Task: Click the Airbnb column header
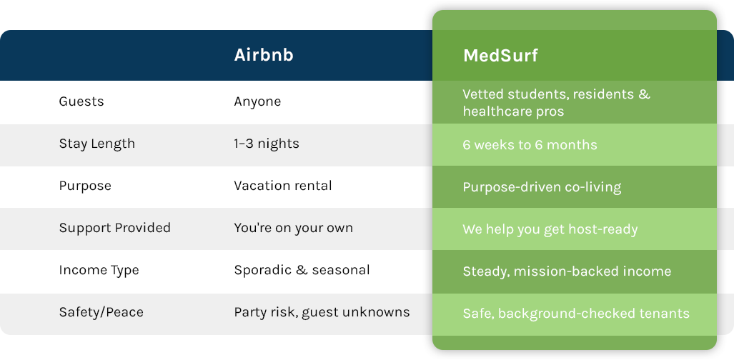264,55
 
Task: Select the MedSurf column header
500,55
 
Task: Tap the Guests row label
81,101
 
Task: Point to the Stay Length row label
97,144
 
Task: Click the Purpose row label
85,186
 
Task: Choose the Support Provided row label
114,228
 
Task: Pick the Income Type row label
99,271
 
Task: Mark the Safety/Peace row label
101,312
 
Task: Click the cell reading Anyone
257,101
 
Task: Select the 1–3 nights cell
267,144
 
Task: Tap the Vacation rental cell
283,186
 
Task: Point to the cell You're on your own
294,228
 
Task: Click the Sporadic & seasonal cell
302,270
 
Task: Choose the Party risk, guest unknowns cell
322,312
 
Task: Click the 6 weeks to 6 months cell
530,145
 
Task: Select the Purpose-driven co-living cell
542,187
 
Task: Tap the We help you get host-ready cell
550,229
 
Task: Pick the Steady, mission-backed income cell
567,271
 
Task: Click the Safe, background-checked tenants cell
576,314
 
